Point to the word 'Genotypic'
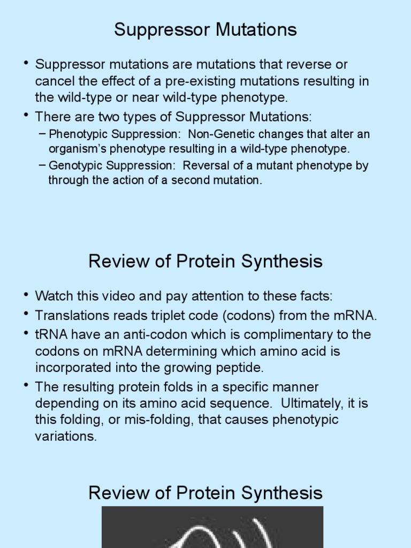tap(72, 165)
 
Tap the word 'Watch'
tap(52, 295)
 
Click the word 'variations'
tap(65, 436)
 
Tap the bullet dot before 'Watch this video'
tap(26, 295)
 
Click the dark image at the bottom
tap(212, 527)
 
